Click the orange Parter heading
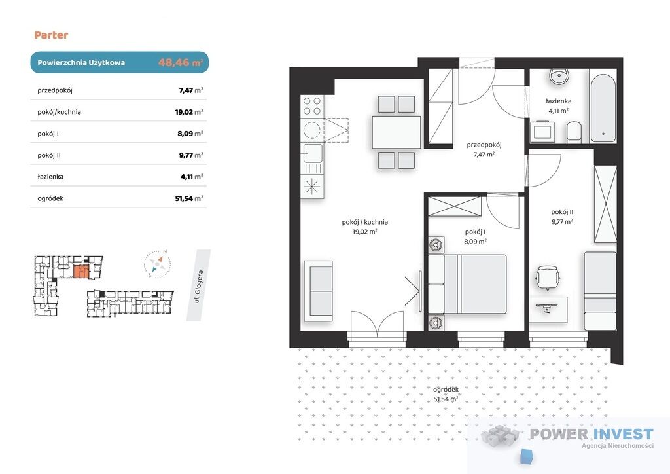tap(51, 35)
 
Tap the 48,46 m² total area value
tap(181, 62)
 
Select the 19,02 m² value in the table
tap(189, 112)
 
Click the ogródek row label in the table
tap(50, 198)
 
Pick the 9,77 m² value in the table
tap(191, 155)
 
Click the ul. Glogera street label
tap(199, 286)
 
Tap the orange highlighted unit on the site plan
tap(81, 272)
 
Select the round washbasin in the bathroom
tap(559, 77)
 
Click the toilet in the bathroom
tap(574, 132)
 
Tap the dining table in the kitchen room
tap(397, 132)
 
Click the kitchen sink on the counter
tap(313, 153)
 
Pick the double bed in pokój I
tap(467, 284)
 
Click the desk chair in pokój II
tap(548, 278)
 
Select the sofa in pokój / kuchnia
tap(319, 291)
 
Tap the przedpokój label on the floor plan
tap(484, 149)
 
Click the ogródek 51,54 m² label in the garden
tap(446, 394)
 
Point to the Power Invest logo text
tap(591, 434)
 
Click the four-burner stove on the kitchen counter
tap(312, 106)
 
